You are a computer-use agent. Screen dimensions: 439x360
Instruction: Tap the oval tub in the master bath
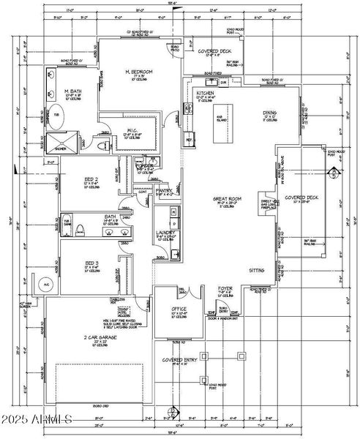coord(56,118)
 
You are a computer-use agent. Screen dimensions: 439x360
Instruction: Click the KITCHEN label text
coord(205,93)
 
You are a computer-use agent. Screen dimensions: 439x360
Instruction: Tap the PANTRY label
coord(163,190)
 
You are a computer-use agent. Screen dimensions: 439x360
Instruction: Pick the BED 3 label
coord(91,263)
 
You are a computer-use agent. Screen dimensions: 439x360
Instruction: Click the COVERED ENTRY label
coord(179,360)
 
